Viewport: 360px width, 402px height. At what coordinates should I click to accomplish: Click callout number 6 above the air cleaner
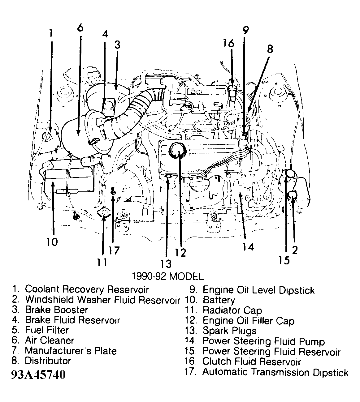point(80,28)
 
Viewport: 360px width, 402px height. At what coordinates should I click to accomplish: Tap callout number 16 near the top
point(229,44)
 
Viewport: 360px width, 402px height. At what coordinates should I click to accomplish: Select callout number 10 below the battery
point(52,242)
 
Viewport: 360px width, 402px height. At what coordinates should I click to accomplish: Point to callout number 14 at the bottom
point(248,246)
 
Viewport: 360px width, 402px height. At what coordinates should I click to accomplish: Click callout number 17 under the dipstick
point(114,250)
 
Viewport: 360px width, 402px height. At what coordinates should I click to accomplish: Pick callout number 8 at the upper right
point(270,49)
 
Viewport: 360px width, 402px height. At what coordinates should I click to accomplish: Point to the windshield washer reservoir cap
point(292,195)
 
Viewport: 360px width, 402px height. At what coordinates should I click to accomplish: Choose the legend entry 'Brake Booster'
point(56,310)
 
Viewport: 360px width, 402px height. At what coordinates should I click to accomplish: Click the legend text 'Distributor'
point(48,361)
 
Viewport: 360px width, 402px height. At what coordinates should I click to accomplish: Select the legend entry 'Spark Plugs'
point(229,331)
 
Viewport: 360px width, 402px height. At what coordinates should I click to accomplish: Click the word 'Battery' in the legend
point(219,300)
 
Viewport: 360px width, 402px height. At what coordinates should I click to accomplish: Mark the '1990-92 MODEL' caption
point(168,276)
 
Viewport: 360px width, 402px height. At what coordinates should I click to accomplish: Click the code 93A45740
point(38,375)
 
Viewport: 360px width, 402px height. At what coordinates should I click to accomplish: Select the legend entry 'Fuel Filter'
point(47,330)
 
